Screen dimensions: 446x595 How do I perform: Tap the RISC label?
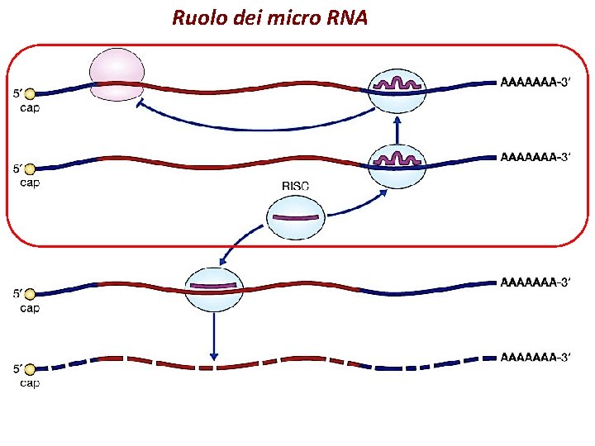pyautogui.click(x=296, y=187)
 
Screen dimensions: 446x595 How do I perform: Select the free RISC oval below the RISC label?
pyautogui.click(x=293, y=218)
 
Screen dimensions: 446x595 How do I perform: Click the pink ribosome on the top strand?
pyautogui.click(x=117, y=74)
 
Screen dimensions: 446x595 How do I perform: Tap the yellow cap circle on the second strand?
pyautogui.click(x=31, y=169)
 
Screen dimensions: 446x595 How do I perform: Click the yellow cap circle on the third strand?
pyautogui.click(x=31, y=294)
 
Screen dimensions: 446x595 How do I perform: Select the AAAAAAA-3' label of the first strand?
pyautogui.click(x=536, y=83)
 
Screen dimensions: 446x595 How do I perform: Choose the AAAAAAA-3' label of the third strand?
pyautogui.click(x=536, y=282)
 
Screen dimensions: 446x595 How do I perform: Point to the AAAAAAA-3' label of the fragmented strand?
pyautogui.click(x=536, y=357)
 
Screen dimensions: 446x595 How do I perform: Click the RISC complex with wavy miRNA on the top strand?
pyautogui.click(x=397, y=87)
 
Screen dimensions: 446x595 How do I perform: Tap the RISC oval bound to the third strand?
pyautogui.click(x=214, y=290)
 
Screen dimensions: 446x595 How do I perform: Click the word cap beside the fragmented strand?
pyautogui.click(x=30, y=383)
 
